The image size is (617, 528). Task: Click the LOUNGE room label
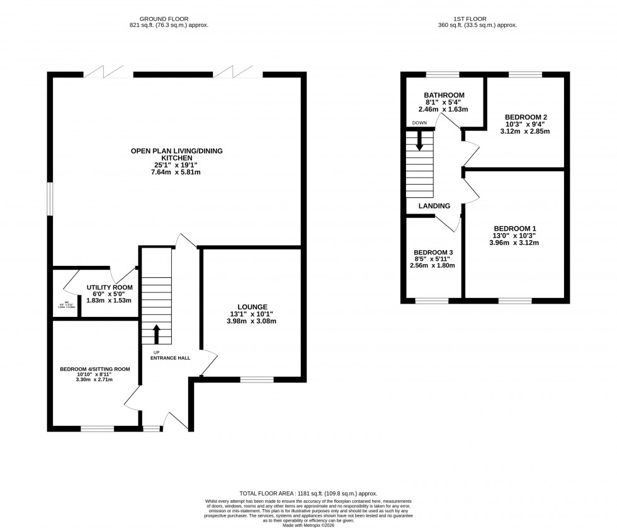coord(253,306)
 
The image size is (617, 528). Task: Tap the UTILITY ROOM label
coord(109,287)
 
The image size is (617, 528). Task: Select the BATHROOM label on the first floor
coord(444,95)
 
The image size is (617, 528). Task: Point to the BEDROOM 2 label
coord(526,117)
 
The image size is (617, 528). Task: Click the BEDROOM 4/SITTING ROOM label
coord(94,369)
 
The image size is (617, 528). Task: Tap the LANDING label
coord(434,206)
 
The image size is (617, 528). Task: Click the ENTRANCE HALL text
coord(170,358)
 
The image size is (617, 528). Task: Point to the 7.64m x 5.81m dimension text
coord(176,172)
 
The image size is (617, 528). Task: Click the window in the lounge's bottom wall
coord(257,379)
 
